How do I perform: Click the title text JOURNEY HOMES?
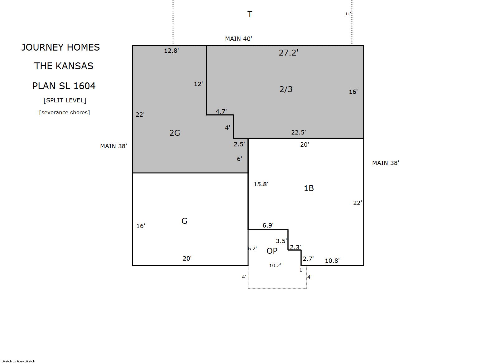click(x=61, y=47)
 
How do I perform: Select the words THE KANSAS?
click(x=64, y=66)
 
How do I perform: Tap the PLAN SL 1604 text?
click(x=64, y=86)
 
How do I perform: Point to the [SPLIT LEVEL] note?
click(x=65, y=100)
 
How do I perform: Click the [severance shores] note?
click(x=65, y=112)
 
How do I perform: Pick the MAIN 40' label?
click(x=238, y=39)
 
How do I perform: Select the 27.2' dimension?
click(x=289, y=52)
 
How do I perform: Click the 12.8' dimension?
click(x=171, y=51)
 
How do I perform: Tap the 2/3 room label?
click(x=286, y=89)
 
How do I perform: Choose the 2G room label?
click(x=175, y=133)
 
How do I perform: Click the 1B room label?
click(x=309, y=188)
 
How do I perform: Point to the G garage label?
click(x=185, y=221)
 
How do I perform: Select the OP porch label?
click(x=272, y=251)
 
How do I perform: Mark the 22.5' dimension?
click(x=299, y=132)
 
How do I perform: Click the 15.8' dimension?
click(x=261, y=184)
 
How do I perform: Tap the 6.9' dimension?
click(x=268, y=225)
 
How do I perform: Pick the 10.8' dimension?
click(x=332, y=261)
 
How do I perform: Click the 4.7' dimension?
click(x=221, y=111)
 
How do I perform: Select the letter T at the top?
click(x=250, y=14)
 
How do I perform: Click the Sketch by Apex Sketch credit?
click(x=18, y=361)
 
